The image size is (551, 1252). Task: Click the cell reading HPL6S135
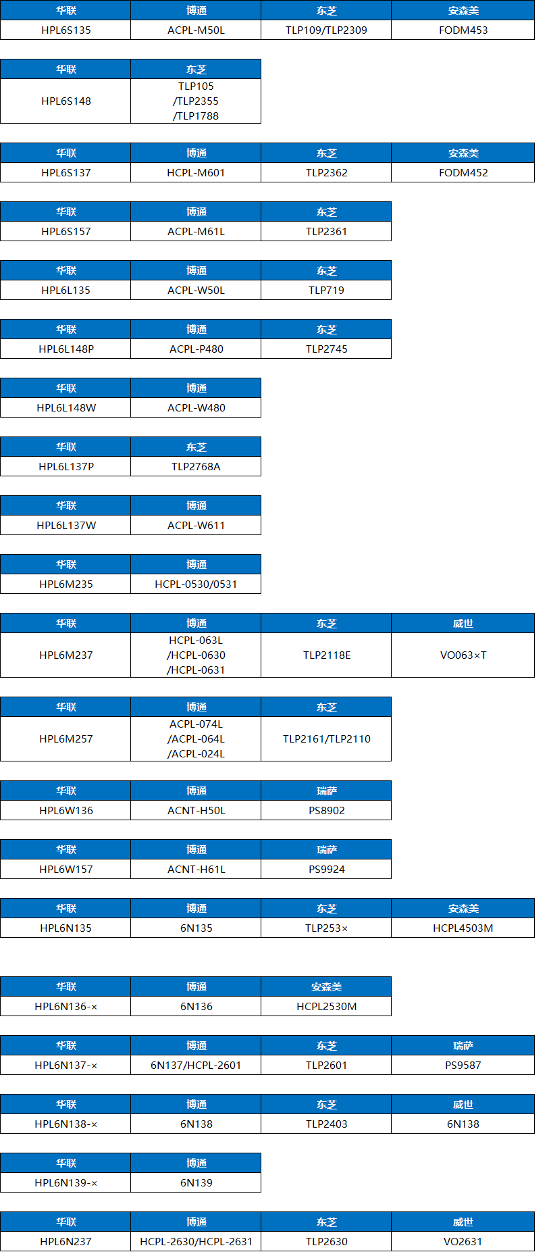tap(65, 30)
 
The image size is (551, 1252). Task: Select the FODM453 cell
tap(463, 30)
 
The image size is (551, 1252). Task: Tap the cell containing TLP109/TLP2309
tap(326, 30)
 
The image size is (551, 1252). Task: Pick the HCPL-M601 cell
tap(196, 172)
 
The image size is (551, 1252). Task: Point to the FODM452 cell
tap(463, 172)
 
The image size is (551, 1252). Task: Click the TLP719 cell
tap(326, 290)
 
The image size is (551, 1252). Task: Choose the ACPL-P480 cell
tap(196, 349)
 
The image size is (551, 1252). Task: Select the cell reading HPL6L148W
tap(65, 407)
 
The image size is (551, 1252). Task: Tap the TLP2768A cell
tap(196, 466)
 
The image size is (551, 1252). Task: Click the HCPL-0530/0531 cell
tap(196, 584)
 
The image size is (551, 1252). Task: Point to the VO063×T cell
tap(463, 655)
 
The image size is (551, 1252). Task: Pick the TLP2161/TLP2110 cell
tap(326, 738)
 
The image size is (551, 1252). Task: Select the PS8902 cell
tap(326, 810)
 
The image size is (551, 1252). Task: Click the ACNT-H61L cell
tap(196, 869)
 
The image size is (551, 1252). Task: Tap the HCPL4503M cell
tap(463, 928)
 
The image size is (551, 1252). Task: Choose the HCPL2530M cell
tap(326, 1006)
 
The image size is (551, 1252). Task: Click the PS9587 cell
tap(463, 1065)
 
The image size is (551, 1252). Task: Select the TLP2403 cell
tap(326, 1124)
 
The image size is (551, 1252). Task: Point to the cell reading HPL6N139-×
tap(65, 1182)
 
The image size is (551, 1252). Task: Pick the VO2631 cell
tap(463, 1241)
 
